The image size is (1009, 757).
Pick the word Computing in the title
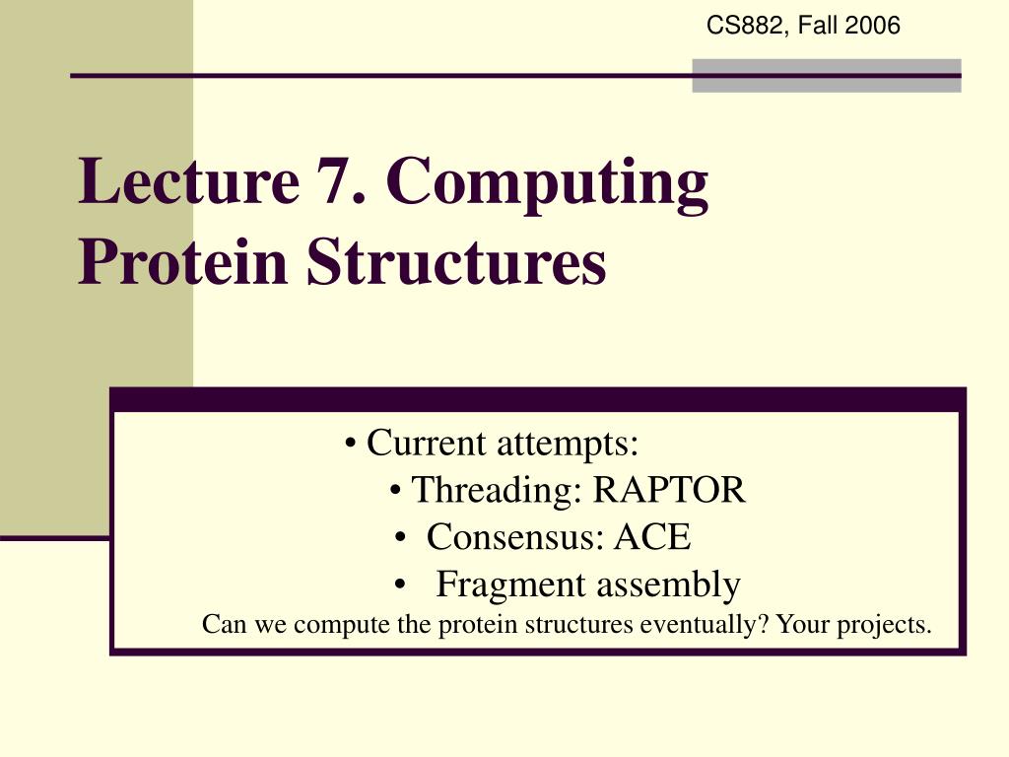pyautogui.click(x=547, y=184)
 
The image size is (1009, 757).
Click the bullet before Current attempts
pyautogui.click(x=351, y=445)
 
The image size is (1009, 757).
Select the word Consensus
pyautogui.click(x=511, y=537)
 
